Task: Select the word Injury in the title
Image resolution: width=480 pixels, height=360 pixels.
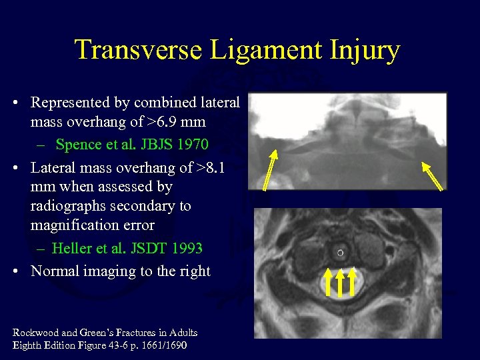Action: [363, 50]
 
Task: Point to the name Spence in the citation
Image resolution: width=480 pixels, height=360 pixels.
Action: [77, 145]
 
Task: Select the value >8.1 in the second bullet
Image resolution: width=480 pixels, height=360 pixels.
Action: [210, 167]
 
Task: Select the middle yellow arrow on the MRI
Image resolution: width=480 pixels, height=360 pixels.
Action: [341, 281]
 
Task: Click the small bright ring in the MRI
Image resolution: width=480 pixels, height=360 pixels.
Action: [341, 253]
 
